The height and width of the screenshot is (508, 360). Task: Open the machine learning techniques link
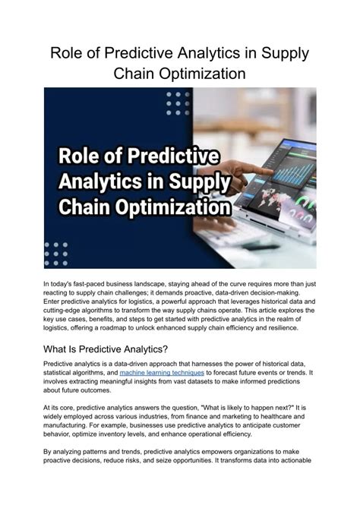coord(161,374)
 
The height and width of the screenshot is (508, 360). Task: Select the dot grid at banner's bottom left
coord(55,251)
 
